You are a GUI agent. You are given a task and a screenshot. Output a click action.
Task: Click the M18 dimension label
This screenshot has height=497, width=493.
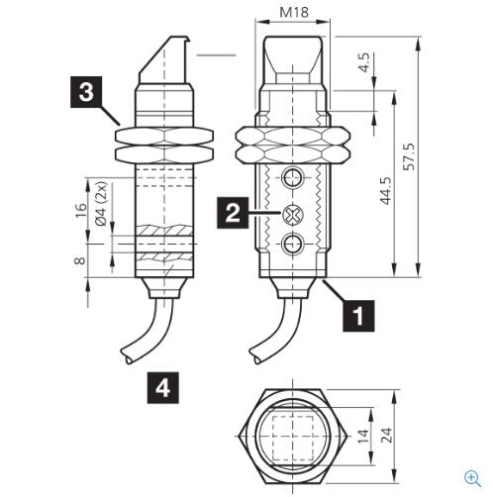coord(294,12)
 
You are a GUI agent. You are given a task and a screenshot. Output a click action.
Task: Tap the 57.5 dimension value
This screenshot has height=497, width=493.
coord(410,156)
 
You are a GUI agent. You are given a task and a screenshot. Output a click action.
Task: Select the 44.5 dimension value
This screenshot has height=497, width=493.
coord(386,191)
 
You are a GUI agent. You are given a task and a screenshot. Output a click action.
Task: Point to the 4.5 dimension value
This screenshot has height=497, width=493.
coord(364,62)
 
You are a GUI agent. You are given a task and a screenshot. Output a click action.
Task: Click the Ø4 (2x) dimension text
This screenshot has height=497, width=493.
coord(102,204)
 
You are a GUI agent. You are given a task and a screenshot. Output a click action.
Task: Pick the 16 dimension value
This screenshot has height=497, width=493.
coord(80,210)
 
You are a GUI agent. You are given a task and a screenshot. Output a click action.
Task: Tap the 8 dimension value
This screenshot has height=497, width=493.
coord(79,260)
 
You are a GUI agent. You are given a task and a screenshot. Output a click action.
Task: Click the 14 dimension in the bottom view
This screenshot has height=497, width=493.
coord(363,436)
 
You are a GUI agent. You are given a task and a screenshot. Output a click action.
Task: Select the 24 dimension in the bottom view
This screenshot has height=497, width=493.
coord(386,435)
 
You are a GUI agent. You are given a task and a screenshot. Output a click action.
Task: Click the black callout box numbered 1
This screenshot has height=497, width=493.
coord(358,316)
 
